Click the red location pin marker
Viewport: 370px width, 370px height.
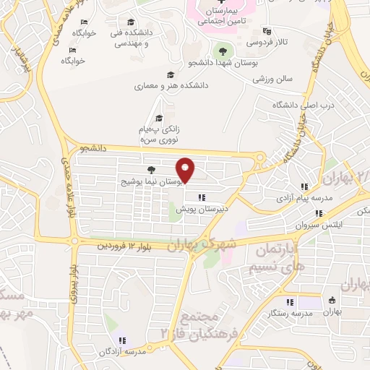tap(186, 170)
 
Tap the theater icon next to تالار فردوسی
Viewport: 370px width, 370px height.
tap(267, 31)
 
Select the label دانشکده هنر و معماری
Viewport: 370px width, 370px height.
tap(171, 85)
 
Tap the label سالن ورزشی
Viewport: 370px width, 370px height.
tap(272, 80)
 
